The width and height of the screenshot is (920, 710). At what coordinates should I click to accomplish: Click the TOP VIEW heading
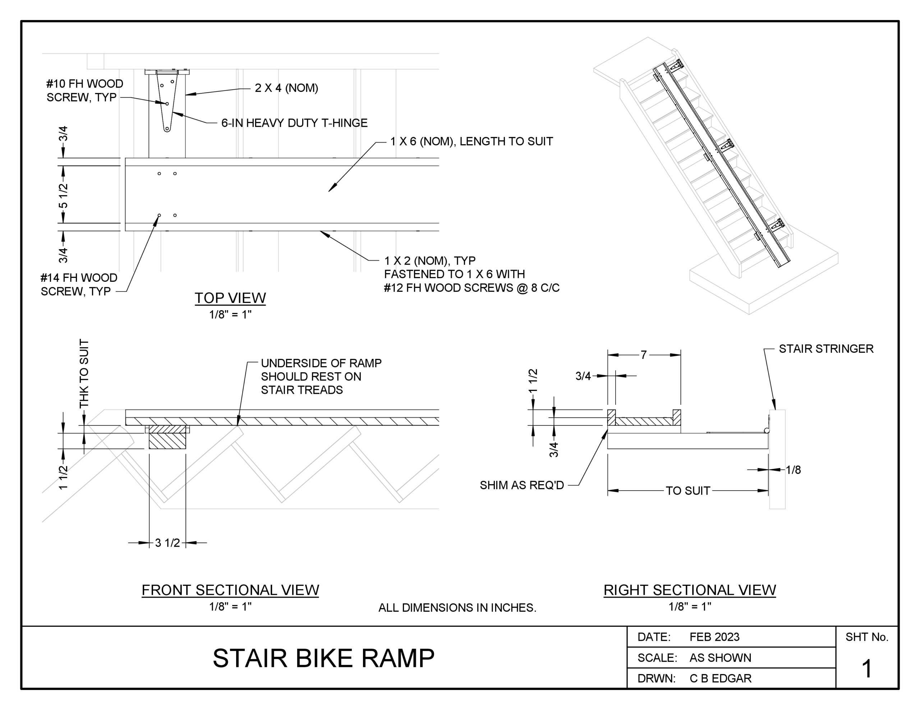(230, 298)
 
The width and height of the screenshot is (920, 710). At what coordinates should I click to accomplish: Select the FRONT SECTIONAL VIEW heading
(230, 590)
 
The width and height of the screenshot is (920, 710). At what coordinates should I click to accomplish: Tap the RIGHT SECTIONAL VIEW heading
(690, 590)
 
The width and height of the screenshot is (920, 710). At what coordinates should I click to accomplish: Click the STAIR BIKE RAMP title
(323, 658)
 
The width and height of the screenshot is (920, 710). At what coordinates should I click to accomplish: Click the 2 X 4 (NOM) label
(286, 88)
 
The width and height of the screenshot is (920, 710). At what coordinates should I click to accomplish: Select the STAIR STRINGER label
(825, 349)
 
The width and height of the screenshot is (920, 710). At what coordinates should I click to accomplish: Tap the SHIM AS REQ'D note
(521, 485)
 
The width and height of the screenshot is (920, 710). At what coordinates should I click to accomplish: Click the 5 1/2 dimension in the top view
(63, 195)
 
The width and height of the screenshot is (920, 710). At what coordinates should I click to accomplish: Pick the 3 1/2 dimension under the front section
(167, 543)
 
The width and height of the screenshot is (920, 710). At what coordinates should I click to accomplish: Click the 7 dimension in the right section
(643, 355)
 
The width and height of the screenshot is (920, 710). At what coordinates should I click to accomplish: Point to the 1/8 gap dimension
(793, 470)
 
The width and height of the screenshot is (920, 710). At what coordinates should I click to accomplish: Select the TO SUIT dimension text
(687, 491)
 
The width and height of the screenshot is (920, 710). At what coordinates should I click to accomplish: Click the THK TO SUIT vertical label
(84, 373)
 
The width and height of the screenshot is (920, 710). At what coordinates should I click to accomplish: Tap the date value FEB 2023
(714, 637)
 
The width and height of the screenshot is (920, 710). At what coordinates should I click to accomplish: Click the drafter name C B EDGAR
(720, 678)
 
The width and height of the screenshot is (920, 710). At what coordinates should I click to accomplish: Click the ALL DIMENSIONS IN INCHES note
(457, 608)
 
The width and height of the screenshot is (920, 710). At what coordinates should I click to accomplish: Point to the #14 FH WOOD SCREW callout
(78, 285)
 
